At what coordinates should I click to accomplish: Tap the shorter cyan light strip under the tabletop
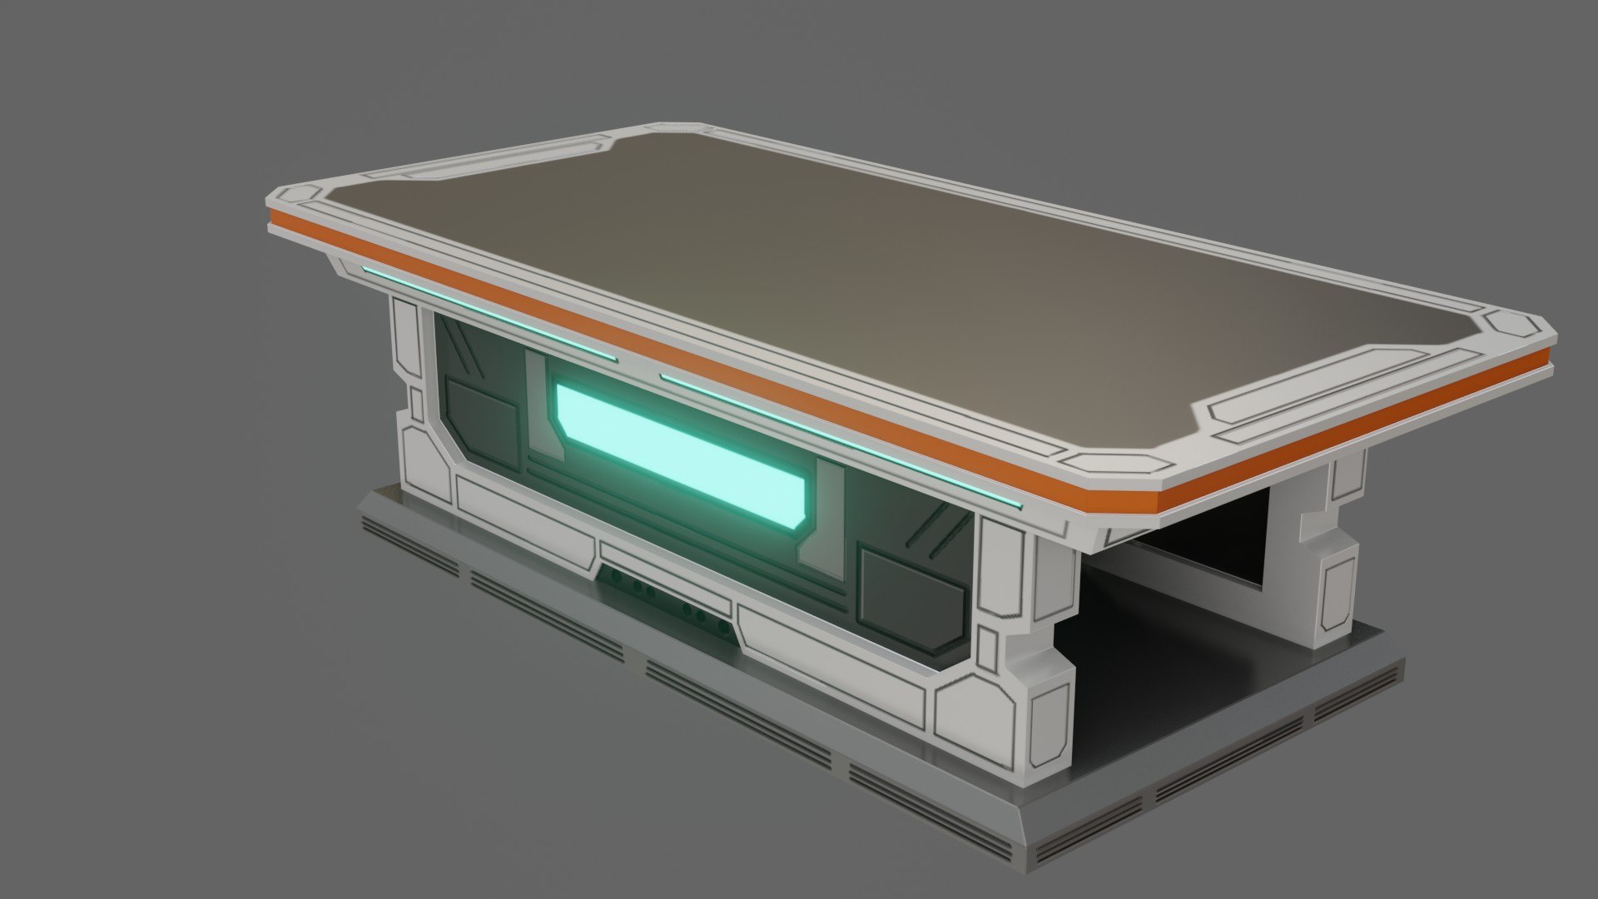[489, 315]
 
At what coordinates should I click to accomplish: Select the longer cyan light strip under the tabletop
[841, 440]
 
